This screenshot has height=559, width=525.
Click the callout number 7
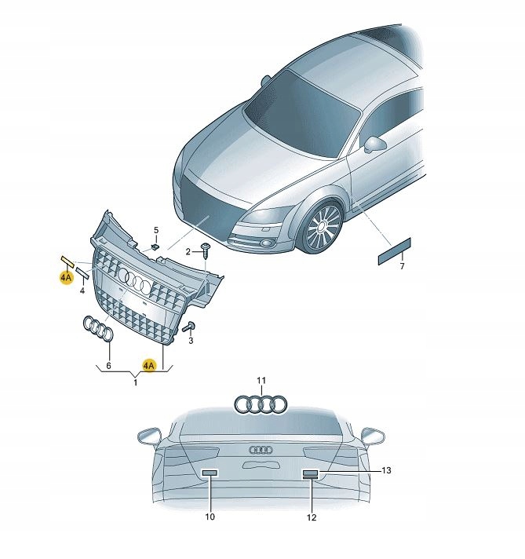[402, 266]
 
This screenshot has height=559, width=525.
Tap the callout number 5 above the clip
[156, 230]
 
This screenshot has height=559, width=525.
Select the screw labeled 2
[206, 251]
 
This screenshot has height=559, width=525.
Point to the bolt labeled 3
[188, 327]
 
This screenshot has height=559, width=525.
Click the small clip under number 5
[155, 247]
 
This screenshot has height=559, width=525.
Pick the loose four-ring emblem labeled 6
[98, 328]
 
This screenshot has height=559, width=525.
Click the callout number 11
[261, 381]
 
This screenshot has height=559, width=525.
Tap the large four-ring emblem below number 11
[261, 404]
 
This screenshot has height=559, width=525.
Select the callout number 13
[386, 470]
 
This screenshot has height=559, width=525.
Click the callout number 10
[210, 517]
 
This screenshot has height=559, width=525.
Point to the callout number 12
[312, 517]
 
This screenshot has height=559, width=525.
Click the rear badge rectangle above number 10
[210, 473]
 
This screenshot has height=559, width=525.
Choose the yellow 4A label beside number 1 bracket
[149, 365]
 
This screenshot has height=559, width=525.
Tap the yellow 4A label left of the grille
[66, 277]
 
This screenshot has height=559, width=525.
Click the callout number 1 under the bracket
[136, 383]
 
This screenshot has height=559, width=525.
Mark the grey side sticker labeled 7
[394, 251]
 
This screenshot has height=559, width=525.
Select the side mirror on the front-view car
[375, 144]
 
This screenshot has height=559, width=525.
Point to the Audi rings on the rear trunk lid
[261, 450]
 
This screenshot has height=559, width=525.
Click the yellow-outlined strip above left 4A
[67, 261]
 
